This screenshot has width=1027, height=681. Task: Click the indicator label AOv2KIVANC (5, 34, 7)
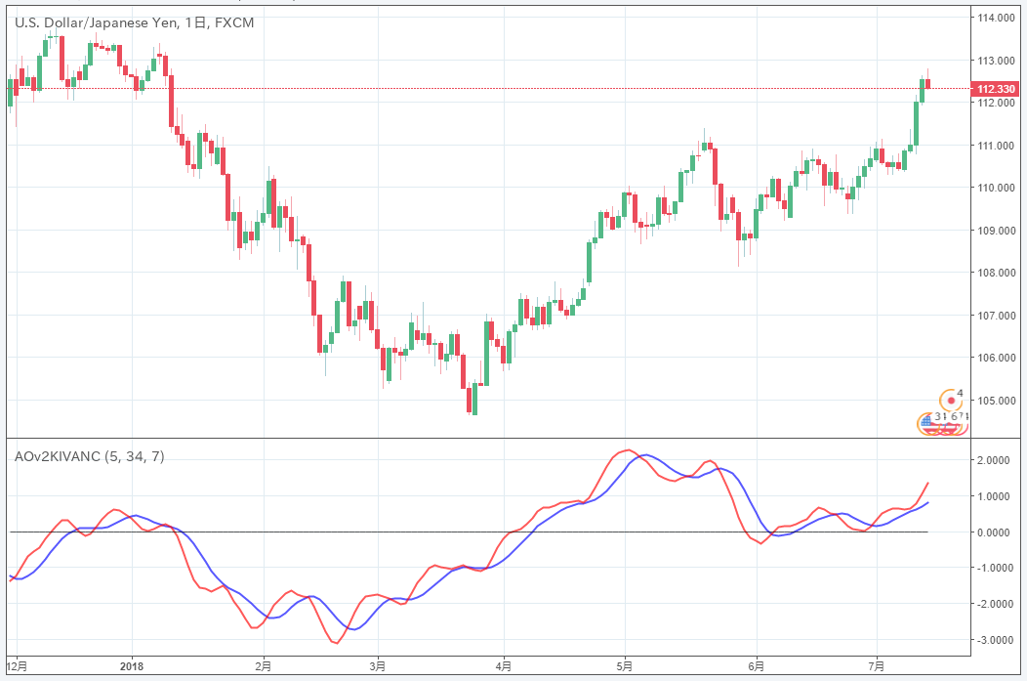(x=89, y=456)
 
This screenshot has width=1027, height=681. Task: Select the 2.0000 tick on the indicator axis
(x=997, y=460)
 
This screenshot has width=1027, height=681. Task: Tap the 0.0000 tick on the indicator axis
(x=997, y=532)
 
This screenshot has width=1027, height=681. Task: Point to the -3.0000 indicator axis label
(x=995, y=640)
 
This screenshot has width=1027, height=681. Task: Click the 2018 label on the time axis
(x=131, y=665)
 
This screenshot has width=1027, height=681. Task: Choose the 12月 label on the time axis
(x=17, y=665)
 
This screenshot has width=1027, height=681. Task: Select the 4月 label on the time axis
(x=504, y=665)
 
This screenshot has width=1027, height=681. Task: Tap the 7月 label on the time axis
(x=877, y=665)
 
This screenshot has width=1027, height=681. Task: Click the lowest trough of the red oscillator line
(x=336, y=643)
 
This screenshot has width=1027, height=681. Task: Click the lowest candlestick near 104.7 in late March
(x=474, y=401)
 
